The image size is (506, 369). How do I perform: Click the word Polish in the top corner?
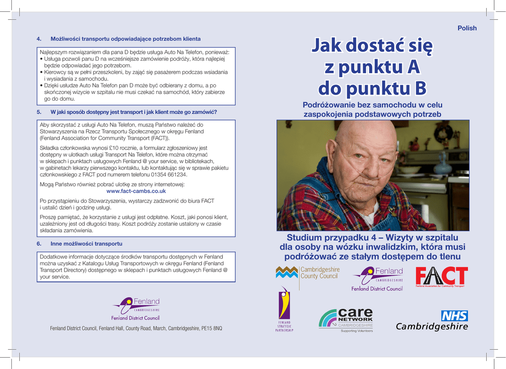(x=467, y=28)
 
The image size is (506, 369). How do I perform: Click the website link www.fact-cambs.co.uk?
(x=136, y=191)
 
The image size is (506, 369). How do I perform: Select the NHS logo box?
(x=454, y=316)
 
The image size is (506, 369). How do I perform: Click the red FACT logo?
(x=441, y=277)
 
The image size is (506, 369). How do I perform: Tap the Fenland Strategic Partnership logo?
(x=284, y=309)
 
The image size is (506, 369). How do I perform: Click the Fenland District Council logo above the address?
(x=135, y=309)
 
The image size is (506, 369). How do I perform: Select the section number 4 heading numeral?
(x=39, y=39)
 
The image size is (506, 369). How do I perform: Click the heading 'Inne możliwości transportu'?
(x=86, y=244)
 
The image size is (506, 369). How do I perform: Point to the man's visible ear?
(x=331, y=154)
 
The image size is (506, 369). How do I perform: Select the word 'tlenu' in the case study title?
(x=448, y=257)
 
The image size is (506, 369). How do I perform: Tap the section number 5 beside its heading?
(x=39, y=112)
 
